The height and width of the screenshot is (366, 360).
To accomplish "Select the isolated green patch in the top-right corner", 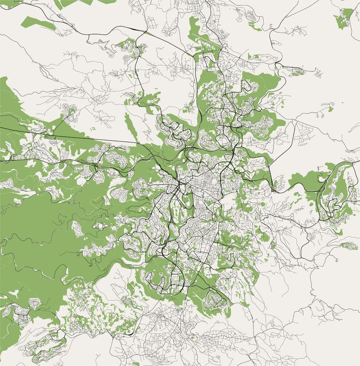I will click(344, 18).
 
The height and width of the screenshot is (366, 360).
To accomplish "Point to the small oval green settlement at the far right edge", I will click(350, 246).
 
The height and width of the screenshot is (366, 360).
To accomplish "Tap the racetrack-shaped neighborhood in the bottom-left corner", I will click(45, 347).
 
